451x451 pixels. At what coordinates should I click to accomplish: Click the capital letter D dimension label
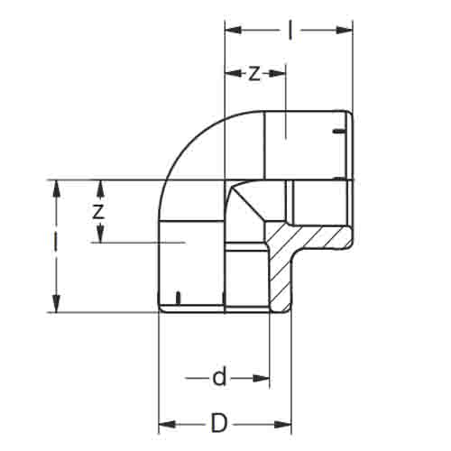pos(218,423)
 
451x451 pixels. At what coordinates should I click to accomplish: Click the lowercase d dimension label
pos(219,378)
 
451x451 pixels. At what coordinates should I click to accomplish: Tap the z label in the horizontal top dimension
pos(254,74)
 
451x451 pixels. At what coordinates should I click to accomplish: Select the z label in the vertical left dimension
pos(98,211)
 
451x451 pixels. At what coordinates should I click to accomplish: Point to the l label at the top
pos(290,30)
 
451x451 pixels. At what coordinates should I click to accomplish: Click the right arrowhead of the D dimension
pos(283,425)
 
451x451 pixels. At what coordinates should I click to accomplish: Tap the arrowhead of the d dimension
pos(261,378)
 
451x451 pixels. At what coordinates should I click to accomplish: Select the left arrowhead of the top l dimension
pos(234,30)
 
